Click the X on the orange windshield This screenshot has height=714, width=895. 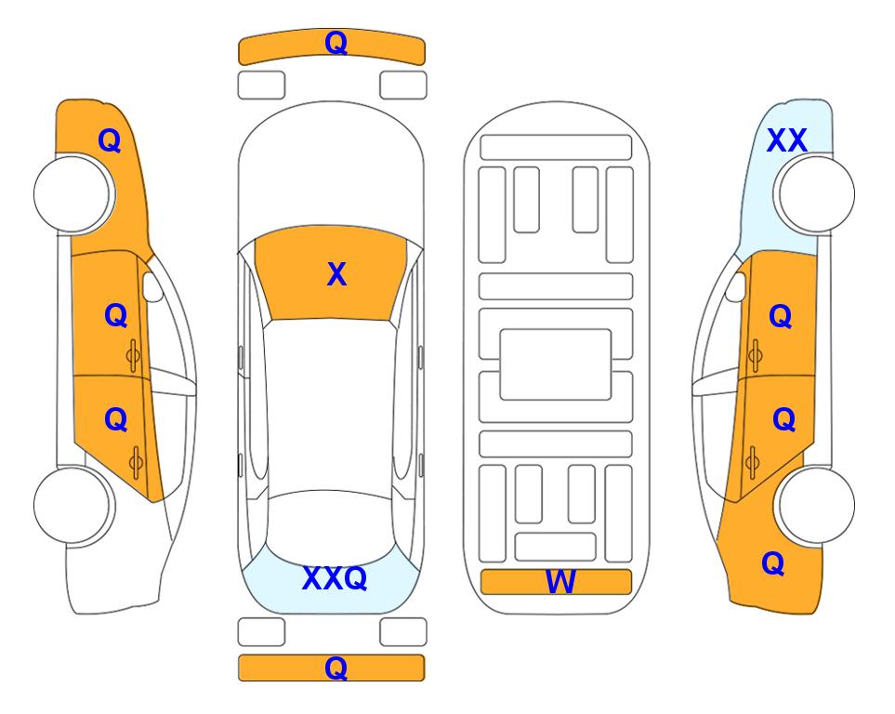[x=336, y=274]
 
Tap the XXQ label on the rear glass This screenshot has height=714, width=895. [x=335, y=578]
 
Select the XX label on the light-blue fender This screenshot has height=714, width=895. [x=786, y=140]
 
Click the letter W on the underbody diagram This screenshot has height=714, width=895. [x=559, y=582]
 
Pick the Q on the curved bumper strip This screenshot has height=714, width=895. [x=336, y=43]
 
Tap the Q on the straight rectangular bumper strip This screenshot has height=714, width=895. [x=336, y=668]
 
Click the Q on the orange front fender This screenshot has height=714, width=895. [x=110, y=140]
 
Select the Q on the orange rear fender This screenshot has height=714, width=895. [x=773, y=563]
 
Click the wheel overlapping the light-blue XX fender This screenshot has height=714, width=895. [x=814, y=194]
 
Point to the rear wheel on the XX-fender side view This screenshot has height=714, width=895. [x=814, y=505]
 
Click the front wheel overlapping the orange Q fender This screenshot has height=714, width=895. [x=74, y=194]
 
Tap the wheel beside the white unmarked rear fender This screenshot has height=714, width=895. [x=74, y=505]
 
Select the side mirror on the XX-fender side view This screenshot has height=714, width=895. [x=735, y=287]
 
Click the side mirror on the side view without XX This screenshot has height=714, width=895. [x=152, y=287]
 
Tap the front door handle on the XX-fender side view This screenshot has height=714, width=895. [x=755, y=355]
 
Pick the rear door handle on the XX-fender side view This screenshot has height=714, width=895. [x=752, y=462]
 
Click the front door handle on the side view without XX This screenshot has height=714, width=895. [x=133, y=355]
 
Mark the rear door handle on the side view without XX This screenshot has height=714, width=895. [x=136, y=463]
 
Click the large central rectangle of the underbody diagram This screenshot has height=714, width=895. [x=556, y=364]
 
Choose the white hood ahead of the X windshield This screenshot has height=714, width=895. [x=330, y=171]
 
